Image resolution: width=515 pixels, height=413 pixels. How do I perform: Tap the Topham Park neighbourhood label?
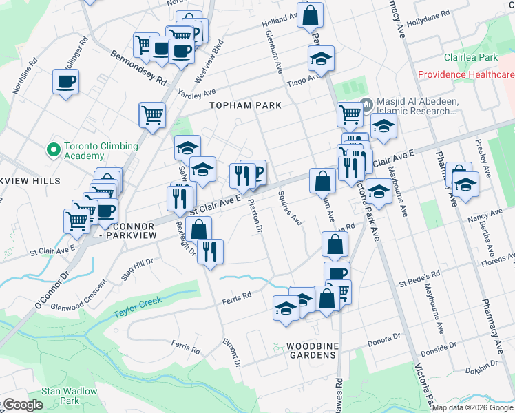(246, 105)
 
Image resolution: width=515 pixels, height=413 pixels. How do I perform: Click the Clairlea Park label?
(471, 58)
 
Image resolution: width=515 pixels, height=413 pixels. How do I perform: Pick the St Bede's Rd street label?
(414, 284)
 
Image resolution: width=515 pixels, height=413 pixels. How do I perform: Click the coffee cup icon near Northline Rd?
(66, 82)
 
